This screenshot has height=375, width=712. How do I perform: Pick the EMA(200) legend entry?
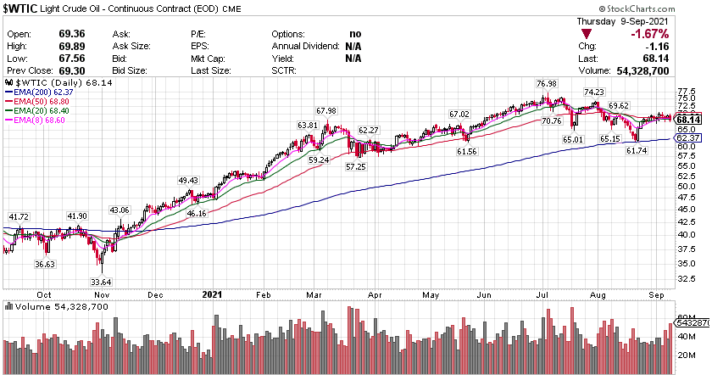38,92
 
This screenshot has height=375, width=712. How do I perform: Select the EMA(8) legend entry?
33,120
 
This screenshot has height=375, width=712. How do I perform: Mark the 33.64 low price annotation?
101,259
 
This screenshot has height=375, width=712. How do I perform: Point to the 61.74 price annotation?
637,150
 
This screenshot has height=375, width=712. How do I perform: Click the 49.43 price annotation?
187,181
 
